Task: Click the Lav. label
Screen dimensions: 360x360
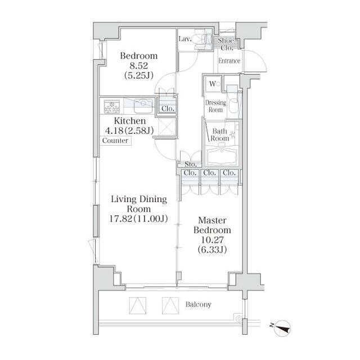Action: [185, 39]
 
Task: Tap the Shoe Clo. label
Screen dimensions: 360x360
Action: [226, 44]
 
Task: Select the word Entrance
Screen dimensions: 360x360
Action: [229, 61]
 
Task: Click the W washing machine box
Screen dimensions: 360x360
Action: [213, 84]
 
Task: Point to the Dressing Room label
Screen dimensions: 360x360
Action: [215, 106]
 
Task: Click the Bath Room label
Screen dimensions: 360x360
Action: [220, 135]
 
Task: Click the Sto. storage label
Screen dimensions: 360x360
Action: [191, 164]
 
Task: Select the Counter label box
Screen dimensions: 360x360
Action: [115, 141]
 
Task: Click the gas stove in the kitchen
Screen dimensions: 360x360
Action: [112, 107]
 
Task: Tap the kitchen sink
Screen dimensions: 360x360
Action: [143, 106]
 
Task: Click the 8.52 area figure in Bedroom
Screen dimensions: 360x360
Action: [139, 66]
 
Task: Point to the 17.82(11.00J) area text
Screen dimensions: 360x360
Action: [138, 219]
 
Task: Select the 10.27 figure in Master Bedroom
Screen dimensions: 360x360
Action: [212, 240]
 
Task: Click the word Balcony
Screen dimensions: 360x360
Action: [199, 305]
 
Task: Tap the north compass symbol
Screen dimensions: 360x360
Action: [282, 328]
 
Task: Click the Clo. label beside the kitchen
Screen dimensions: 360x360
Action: [168, 109]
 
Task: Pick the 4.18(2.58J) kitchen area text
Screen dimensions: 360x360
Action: [129, 130]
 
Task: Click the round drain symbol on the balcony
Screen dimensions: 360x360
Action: [238, 319]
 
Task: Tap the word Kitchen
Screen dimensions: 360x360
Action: [130, 121]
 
